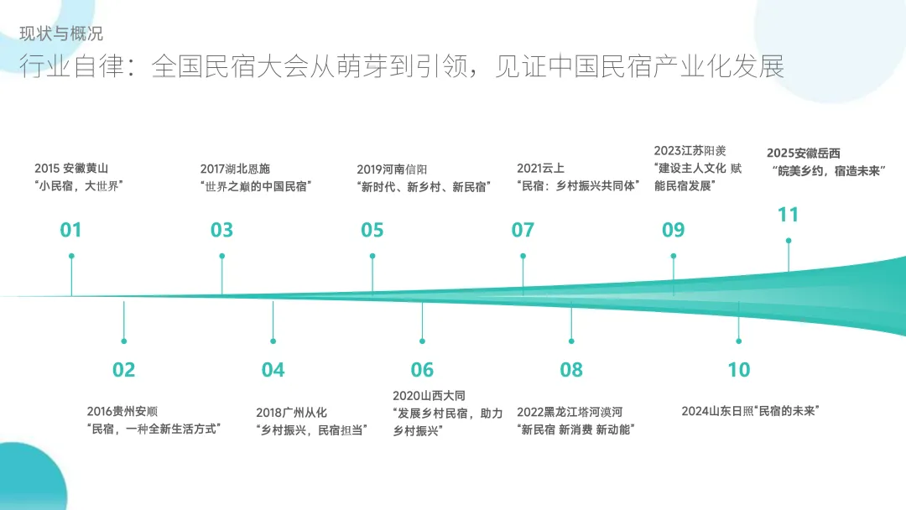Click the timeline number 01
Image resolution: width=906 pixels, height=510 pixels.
70,230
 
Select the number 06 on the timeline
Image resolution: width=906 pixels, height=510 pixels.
422,369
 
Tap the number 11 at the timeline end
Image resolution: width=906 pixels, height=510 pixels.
788,215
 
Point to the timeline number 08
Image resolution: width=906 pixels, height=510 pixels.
571,369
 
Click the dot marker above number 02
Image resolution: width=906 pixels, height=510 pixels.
123,341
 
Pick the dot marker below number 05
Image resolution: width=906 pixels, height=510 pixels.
372,256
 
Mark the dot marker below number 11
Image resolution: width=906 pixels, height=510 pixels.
788,241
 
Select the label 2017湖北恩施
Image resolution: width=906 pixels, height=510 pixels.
235,169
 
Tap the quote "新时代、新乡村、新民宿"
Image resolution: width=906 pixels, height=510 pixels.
423,186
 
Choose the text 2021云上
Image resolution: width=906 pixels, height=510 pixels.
540,169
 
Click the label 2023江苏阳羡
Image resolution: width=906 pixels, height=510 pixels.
690,151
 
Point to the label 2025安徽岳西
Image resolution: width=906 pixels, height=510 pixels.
803,153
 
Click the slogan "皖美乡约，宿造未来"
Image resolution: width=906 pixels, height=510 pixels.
829,170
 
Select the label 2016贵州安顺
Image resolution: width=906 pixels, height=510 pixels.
122,411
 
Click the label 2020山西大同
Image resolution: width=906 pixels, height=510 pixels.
429,395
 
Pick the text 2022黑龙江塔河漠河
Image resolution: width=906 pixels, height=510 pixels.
570,412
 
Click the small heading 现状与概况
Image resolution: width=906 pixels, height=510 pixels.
61,34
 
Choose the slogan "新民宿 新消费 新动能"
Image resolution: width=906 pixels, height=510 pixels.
575,429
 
